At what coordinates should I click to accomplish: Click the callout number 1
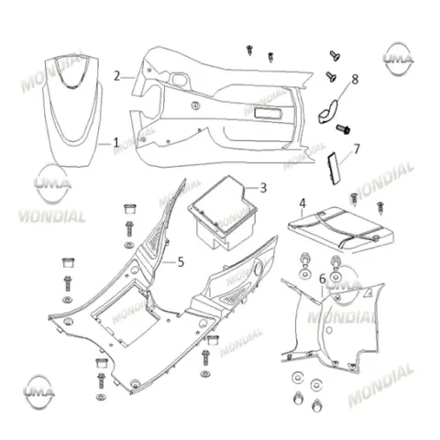tap(115, 142)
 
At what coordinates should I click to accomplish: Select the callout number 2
tap(116, 76)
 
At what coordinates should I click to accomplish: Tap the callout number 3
tap(263, 188)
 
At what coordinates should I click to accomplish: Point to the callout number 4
tap(302, 203)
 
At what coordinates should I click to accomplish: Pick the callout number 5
tap(181, 262)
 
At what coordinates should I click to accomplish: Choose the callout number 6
tap(323, 279)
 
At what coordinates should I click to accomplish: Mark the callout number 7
tap(357, 149)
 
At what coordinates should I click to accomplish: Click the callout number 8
tap(355, 80)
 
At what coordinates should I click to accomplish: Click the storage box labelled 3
tap(223, 213)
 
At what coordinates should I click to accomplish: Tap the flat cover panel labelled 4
tap(341, 229)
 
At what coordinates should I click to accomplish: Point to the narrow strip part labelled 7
tap(334, 169)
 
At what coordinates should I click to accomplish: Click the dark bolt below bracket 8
tap(344, 129)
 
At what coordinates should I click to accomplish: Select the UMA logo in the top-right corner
tap(399, 59)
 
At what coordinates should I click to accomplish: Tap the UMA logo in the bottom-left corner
tap(39, 392)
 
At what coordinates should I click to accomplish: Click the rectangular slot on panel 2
tap(269, 113)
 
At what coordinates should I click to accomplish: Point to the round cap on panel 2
tap(195, 105)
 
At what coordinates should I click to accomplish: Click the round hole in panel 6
tap(329, 330)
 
